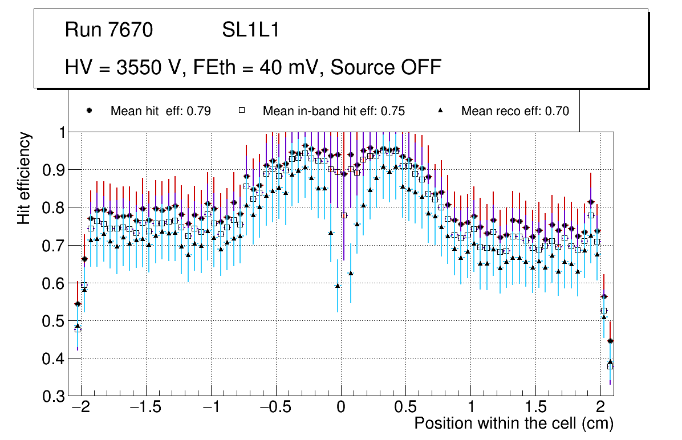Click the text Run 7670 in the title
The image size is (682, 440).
pos(108,30)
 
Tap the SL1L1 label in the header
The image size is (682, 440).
pos(250,30)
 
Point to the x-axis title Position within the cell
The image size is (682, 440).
pos(513,423)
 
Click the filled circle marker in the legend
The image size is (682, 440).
pos(89,111)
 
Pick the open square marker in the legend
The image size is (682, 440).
pos(241,111)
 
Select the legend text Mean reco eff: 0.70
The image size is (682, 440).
pos(515,111)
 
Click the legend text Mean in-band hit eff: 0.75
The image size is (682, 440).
pos(334,111)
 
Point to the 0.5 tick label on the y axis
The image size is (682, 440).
pos(54,321)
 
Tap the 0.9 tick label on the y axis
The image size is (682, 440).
pos(54,170)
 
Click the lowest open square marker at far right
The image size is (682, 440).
pos(610,366)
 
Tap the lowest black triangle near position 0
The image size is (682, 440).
pos(338,286)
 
